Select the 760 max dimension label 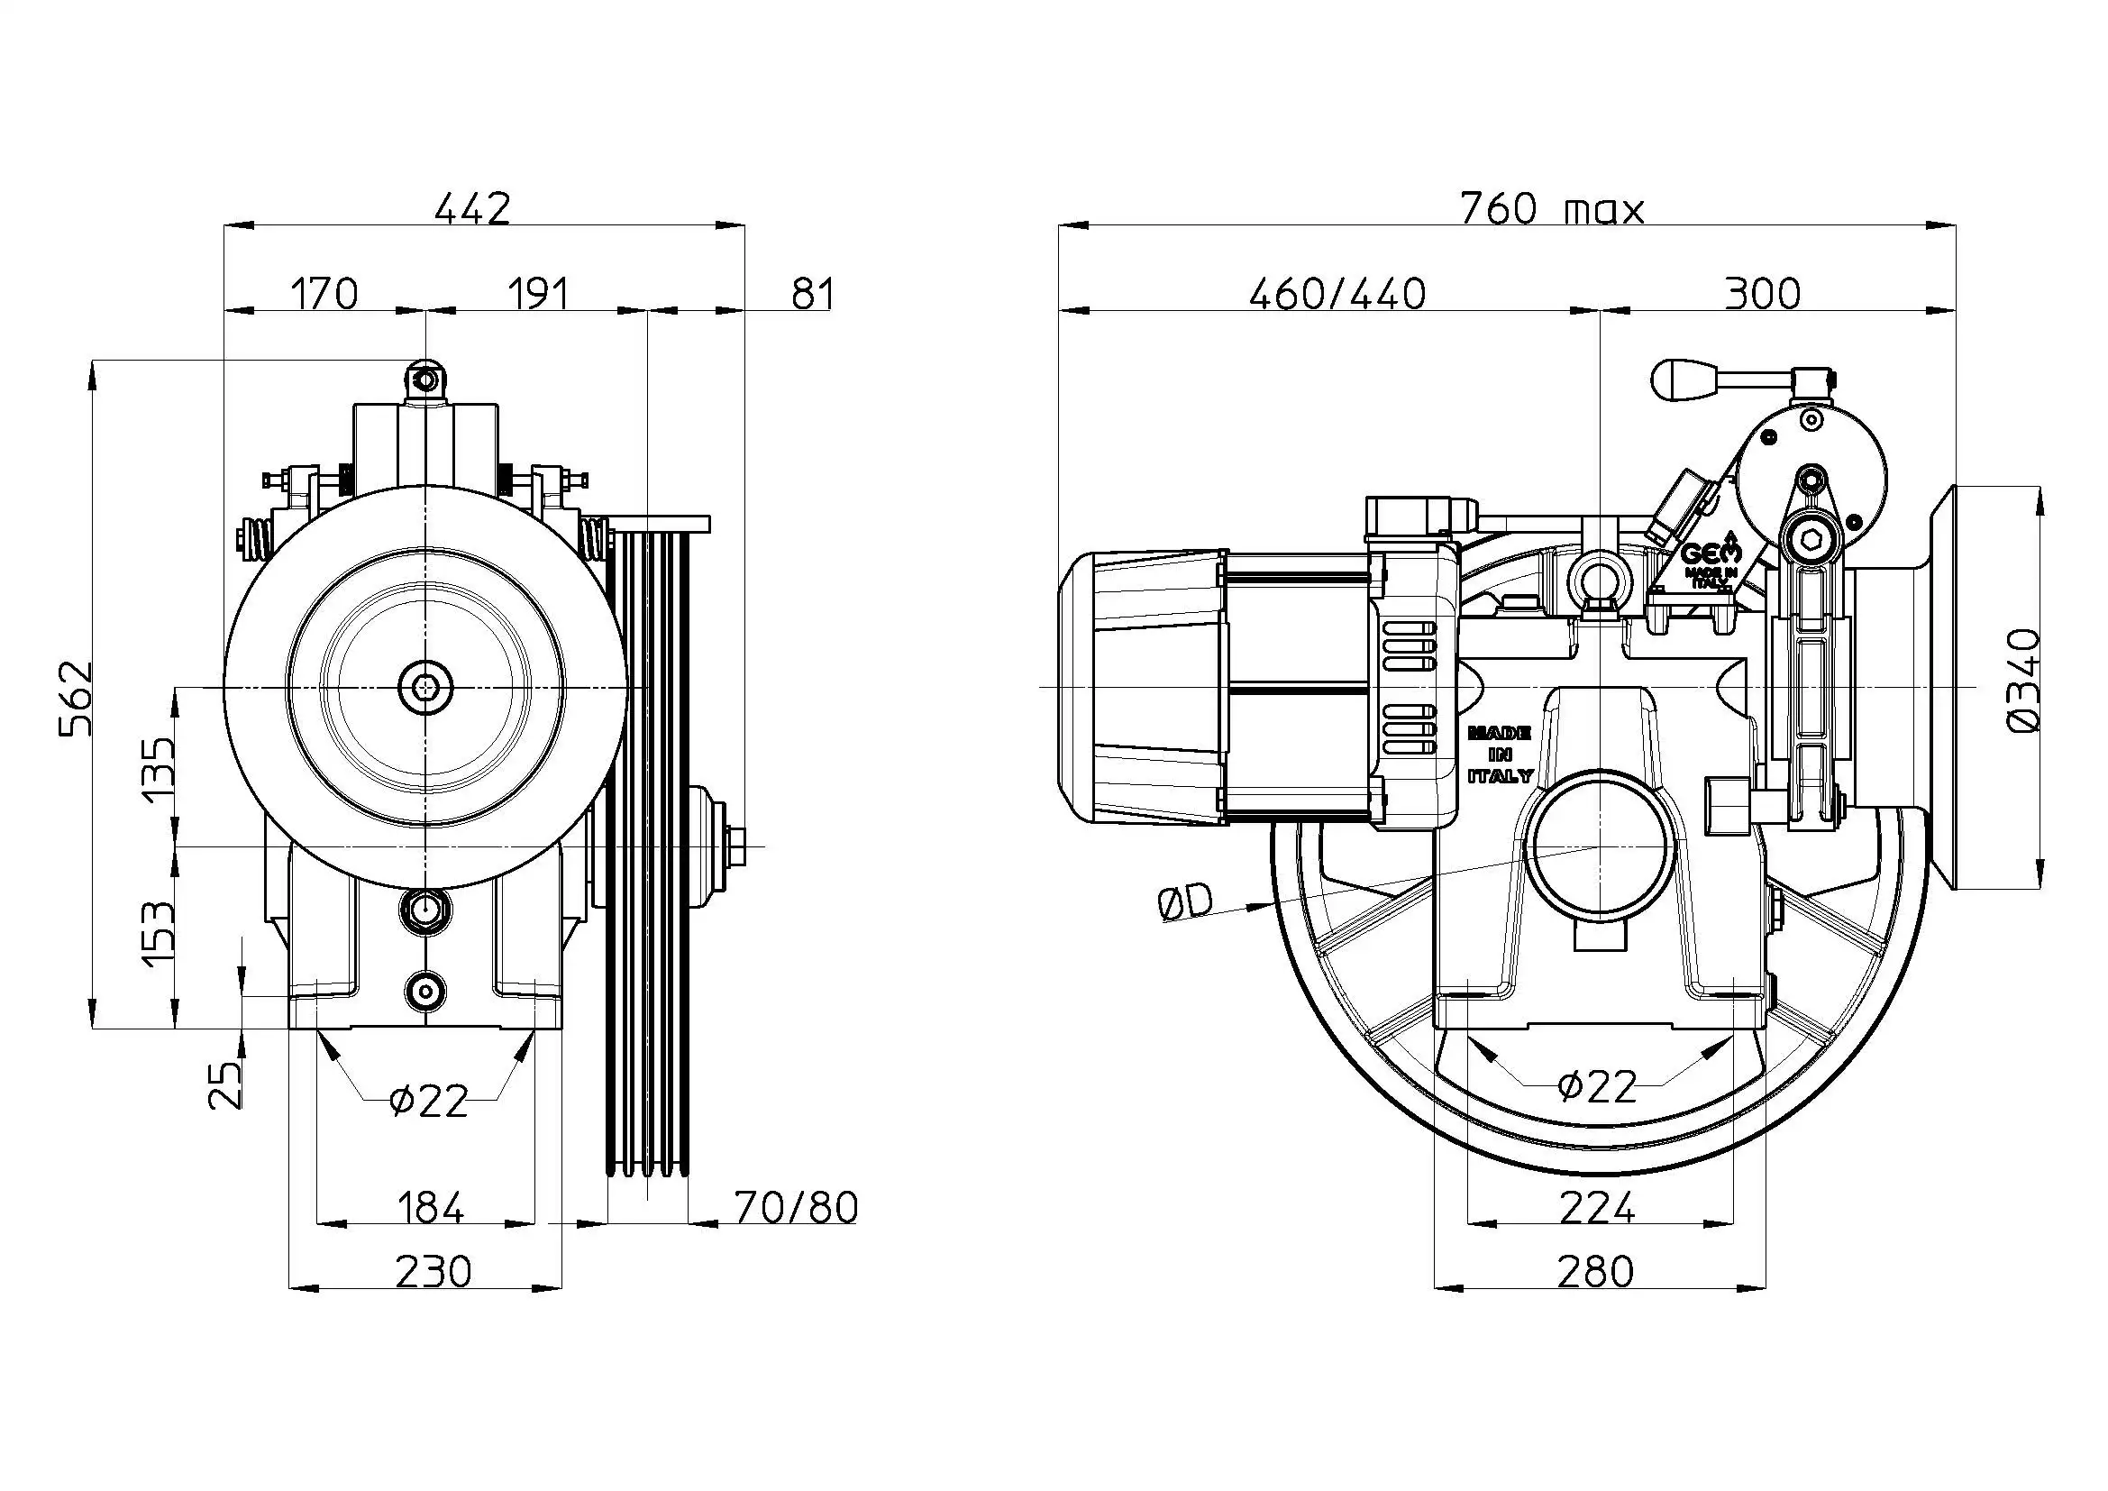point(1552,209)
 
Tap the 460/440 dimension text point(1337,295)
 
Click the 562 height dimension point(77,697)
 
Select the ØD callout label point(1185,904)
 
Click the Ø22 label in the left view point(429,1100)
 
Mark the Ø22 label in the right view point(1598,1087)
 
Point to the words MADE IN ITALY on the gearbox point(1500,754)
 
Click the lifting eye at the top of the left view point(425,380)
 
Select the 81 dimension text point(812,295)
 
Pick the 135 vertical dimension point(158,768)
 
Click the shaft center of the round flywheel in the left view point(425,686)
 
